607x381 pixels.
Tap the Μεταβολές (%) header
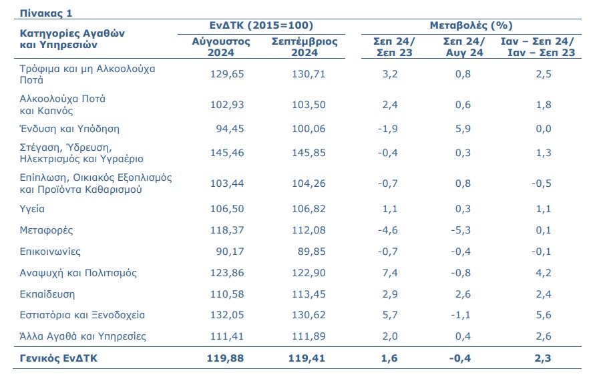point(470,26)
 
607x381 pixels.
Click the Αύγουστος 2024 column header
point(221,47)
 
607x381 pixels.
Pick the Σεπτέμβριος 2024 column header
point(305,47)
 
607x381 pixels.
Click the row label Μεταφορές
point(46,231)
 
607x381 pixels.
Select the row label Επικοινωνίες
point(51,252)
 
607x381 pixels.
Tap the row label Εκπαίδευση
point(47,294)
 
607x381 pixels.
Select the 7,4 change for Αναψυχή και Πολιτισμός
point(391,273)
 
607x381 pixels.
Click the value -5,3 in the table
point(461,231)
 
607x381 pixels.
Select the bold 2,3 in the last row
point(544,358)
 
